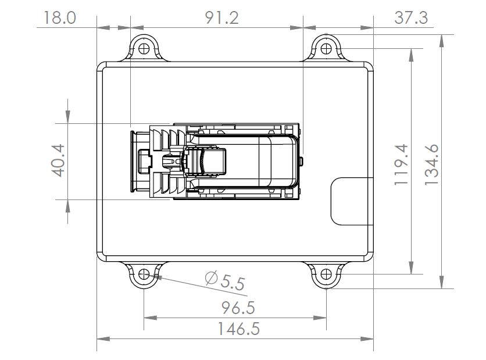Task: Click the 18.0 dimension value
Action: pos(56,17)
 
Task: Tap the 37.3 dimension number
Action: pos(411,17)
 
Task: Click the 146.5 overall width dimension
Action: pos(239,329)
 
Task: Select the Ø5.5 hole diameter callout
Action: pos(225,282)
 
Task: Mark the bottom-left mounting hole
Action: pos(144,274)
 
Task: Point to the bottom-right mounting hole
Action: pos(326,274)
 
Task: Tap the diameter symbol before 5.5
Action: pos(212,279)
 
